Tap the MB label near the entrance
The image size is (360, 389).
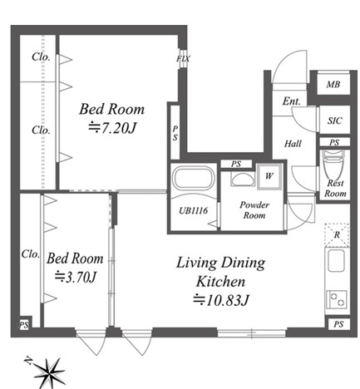[333, 84]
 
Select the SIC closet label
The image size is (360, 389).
[335, 121]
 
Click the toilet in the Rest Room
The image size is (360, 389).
[333, 165]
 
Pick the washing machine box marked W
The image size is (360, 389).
[269, 176]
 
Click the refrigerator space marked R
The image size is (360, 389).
[337, 235]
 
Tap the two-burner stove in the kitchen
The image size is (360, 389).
[337, 300]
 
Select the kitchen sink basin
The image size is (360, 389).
[337, 260]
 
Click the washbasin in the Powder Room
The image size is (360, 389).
[243, 180]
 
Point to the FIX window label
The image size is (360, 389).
[183, 59]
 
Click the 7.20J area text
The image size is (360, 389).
[112, 128]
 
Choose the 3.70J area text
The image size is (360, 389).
[76, 277]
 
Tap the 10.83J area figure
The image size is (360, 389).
[221, 300]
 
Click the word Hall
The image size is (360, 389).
[293, 144]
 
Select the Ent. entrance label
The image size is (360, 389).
[292, 101]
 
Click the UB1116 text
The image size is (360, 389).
[193, 210]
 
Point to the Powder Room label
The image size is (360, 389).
[254, 210]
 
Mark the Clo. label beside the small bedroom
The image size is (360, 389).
[31, 254]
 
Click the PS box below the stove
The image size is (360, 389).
[338, 324]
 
